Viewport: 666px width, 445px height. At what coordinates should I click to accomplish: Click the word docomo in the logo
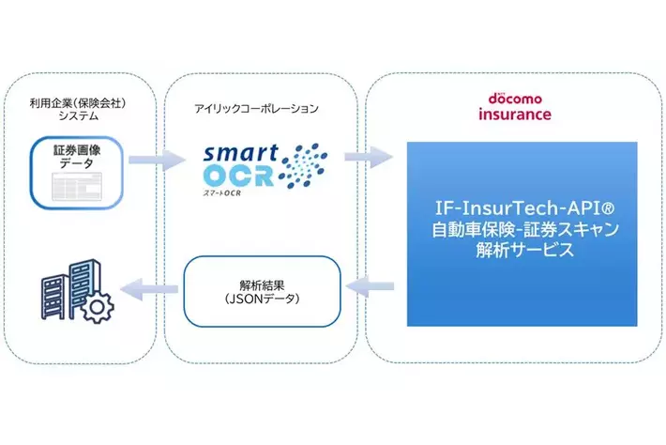pyautogui.click(x=521, y=99)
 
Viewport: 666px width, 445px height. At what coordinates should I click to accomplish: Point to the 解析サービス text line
pyautogui.click(x=522, y=253)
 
